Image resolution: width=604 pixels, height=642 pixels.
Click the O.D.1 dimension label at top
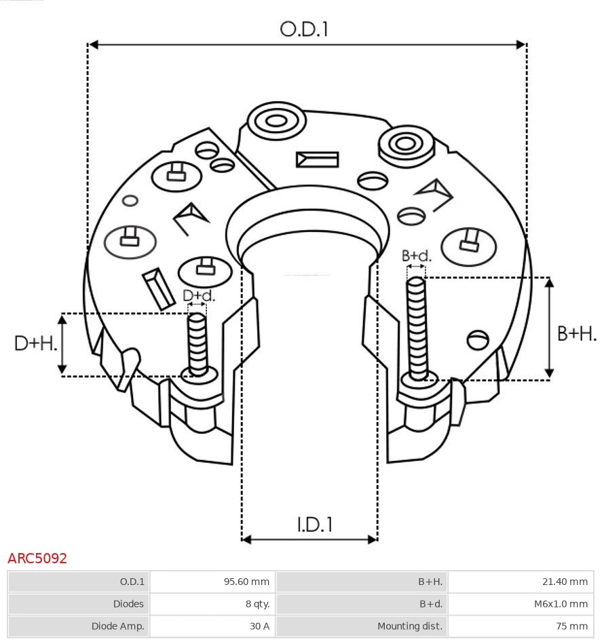coord(304,29)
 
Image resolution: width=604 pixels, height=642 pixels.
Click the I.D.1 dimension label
coord(314,524)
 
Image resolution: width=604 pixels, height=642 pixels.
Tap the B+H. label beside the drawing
coord(576,333)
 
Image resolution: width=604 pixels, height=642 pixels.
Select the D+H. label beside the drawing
coord(35,343)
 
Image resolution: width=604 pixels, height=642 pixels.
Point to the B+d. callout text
coord(416,256)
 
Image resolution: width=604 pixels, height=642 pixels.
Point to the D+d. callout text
coord(199,296)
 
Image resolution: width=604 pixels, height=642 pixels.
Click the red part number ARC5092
coord(37,559)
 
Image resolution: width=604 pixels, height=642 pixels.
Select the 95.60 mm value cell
coord(212,582)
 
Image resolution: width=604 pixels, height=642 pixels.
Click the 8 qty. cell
coord(212,603)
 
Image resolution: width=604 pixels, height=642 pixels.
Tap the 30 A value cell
coord(212,626)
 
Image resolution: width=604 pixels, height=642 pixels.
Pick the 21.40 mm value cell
coord(521,582)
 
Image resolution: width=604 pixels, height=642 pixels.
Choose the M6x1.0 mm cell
coord(521,603)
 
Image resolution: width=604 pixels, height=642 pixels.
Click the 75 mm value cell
coord(521,626)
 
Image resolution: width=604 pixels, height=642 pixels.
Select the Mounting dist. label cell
coord(362,626)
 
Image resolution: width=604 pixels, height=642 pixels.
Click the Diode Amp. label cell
coord(79,626)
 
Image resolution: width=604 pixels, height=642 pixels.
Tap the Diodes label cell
coord(79,603)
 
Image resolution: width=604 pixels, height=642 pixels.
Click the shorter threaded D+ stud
coord(197,343)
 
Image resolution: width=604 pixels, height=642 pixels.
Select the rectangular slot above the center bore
coord(317,159)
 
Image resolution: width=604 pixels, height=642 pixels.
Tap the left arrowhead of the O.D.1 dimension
coord(94,45)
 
